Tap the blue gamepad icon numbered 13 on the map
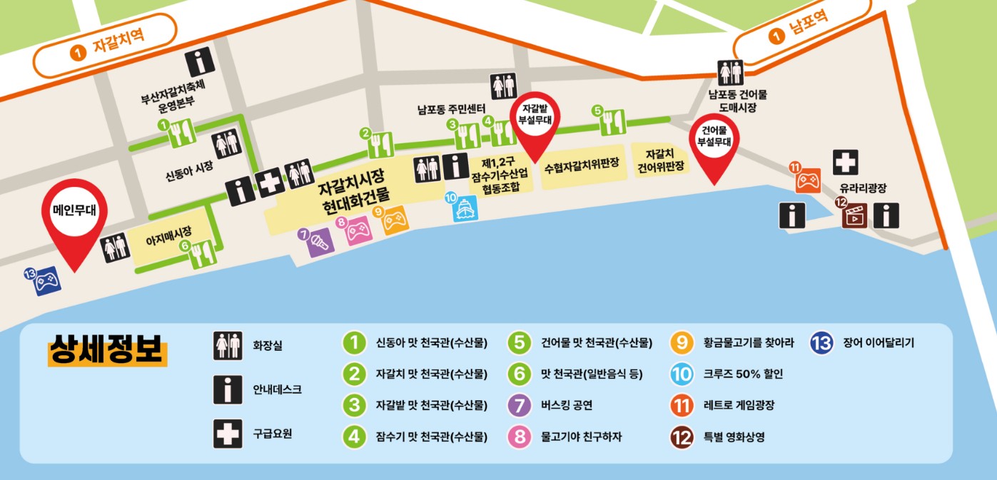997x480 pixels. click(x=47, y=280)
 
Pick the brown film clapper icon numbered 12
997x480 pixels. click(x=851, y=213)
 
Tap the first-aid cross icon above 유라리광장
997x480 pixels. click(x=846, y=163)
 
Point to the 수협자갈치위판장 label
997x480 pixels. click(x=581, y=169)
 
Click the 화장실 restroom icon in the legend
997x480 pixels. click(x=228, y=346)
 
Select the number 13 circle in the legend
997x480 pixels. click(x=821, y=343)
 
